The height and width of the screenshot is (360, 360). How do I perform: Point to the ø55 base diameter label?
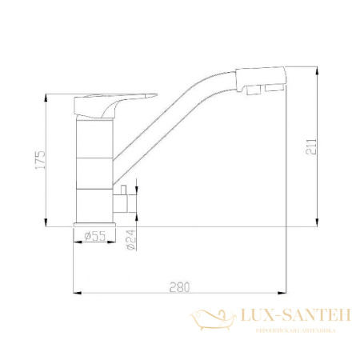[94, 235]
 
